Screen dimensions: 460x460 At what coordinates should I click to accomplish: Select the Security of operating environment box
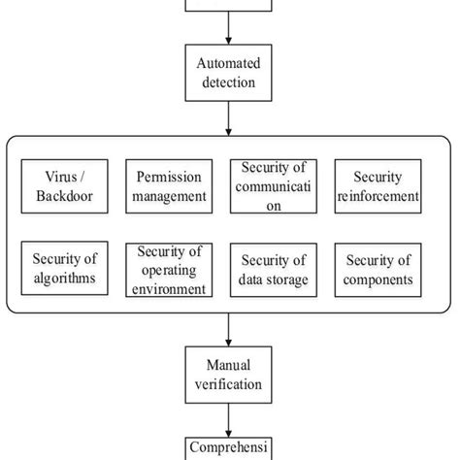168,270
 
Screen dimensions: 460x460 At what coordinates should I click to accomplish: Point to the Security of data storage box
272,270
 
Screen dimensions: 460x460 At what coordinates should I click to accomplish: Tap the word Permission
168,176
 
